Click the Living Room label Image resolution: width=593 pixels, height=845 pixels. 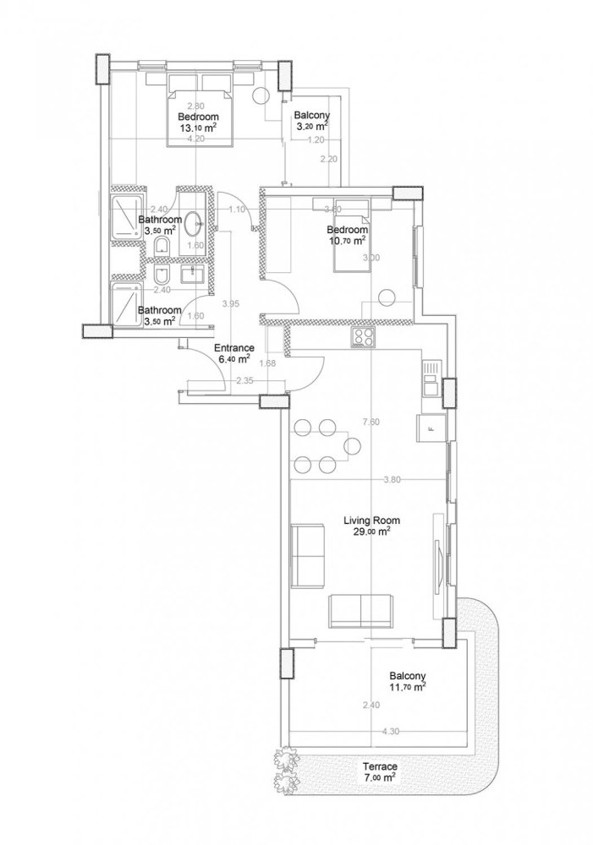(x=371, y=521)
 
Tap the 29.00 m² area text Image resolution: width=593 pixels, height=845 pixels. (x=371, y=532)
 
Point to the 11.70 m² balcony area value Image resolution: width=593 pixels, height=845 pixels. (x=407, y=688)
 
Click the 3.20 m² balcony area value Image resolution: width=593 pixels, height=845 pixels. (x=310, y=126)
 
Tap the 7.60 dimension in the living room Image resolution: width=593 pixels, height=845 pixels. (x=370, y=422)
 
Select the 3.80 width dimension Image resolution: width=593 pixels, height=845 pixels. (x=391, y=479)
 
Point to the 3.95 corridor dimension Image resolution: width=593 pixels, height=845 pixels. (x=229, y=303)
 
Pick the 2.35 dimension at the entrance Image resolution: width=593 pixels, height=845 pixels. (x=244, y=380)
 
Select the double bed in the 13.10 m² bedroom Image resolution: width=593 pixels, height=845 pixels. (x=198, y=110)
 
